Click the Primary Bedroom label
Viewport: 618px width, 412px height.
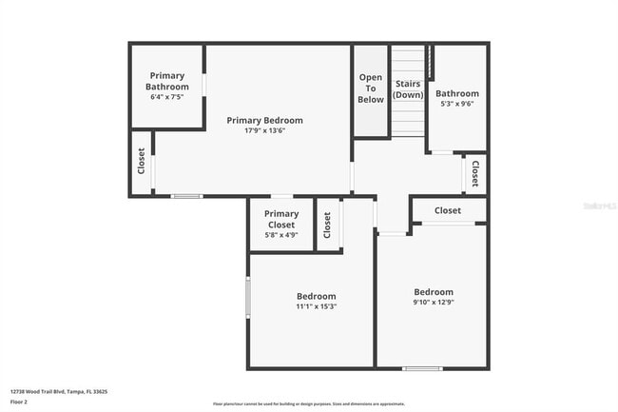(x=264, y=120)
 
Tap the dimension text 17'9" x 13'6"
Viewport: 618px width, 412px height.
(x=264, y=130)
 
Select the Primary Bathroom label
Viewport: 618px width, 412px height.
(x=166, y=81)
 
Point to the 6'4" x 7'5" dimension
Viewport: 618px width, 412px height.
(x=166, y=97)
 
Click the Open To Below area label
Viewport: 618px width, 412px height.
(x=371, y=88)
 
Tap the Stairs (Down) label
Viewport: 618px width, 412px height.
(x=408, y=89)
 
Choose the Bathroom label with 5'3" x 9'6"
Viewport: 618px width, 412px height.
(x=457, y=93)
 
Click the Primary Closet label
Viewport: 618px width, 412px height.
(x=281, y=220)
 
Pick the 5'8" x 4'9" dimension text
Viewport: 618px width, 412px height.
(x=281, y=234)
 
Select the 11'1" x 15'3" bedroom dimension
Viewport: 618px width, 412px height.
(x=316, y=306)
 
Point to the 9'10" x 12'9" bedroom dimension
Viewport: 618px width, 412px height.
(x=433, y=303)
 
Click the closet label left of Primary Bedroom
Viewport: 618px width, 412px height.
(x=142, y=162)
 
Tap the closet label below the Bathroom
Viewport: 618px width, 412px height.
(x=474, y=172)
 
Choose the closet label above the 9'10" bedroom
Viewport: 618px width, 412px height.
(x=448, y=210)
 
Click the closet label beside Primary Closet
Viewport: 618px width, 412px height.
(x=327, y=225)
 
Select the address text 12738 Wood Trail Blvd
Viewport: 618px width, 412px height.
(x=59, y=391)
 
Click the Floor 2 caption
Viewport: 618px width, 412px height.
(x=20, y=402)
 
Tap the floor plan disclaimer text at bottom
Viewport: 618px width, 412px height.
(x=308, y=404)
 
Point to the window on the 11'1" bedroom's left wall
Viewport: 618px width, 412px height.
(x=248, y=297)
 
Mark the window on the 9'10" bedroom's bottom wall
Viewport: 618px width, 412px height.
(x=422, y=368)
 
